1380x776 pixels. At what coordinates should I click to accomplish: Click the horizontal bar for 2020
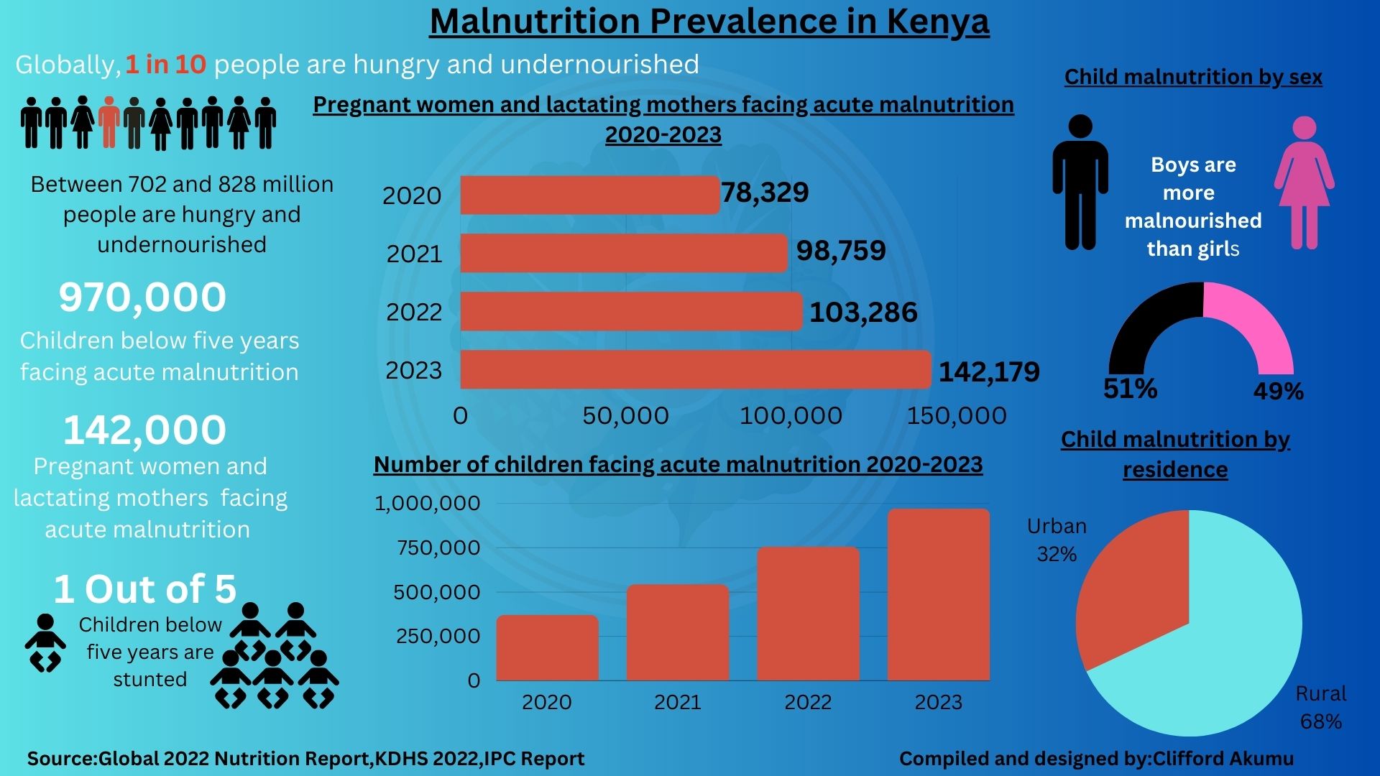point(589,195)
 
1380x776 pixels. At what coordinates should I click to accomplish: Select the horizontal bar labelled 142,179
point(695,370)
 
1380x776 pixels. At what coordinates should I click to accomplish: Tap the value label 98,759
point(841,251)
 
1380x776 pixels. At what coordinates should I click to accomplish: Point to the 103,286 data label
point(863,313)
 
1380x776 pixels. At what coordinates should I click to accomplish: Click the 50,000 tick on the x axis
point(625,415)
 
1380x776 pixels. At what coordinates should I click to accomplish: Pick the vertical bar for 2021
point(677,632)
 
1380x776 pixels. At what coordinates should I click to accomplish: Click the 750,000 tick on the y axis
point(438,548)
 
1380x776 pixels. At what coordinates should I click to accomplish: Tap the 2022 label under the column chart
point(808,702)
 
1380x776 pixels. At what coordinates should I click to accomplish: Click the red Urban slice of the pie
point(1136,589)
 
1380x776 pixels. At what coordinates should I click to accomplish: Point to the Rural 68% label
point(1320,707)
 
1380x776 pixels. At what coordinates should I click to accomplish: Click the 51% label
point(1130,389)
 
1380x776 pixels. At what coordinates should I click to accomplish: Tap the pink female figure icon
point(1304,183)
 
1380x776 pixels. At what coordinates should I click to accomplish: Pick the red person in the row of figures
point(109,121)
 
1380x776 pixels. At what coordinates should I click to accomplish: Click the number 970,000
point(142,297)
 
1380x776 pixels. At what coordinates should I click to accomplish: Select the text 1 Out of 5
point(145,589)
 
